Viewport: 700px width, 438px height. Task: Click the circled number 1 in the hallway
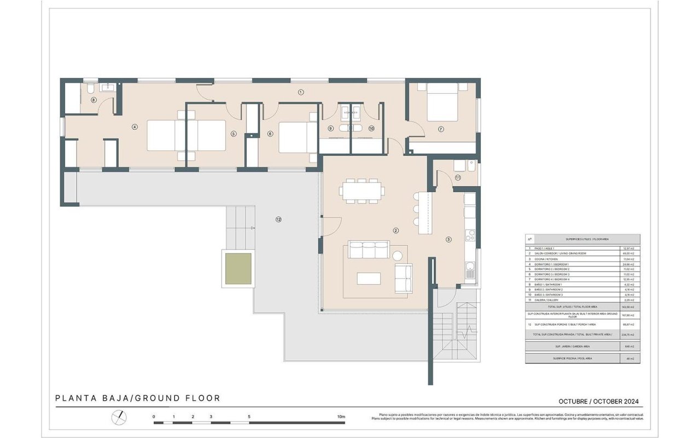pos(300,92)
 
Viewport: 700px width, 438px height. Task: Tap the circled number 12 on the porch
pos(278,220)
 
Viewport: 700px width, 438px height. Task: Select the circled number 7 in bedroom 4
pos(441,129)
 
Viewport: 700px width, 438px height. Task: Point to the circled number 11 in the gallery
pos(457,177)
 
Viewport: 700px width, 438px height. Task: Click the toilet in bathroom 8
pos(90,91)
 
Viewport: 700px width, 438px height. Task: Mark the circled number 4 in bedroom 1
pos(135,127)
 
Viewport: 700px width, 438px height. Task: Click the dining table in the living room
pos(361,191)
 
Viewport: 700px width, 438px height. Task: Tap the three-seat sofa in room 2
pos(369,251)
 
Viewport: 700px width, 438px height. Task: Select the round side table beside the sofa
pos(398,255)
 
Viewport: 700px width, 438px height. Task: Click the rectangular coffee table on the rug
pos(369,278)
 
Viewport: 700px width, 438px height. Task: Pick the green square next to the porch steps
pos(238,268)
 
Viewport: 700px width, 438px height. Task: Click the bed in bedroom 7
pos(442,102)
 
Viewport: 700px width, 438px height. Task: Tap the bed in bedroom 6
pos(297,137)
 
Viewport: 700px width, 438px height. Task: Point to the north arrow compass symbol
pos(119,418)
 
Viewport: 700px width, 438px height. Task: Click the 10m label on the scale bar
pos(341,417)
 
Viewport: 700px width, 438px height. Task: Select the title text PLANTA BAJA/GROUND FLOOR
pos(138,399)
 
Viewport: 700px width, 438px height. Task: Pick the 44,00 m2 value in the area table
pos(630,253)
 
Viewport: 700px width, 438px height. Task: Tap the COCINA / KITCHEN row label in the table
pos(547,259)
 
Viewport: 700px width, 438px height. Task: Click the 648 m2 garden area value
pos(630,347)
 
